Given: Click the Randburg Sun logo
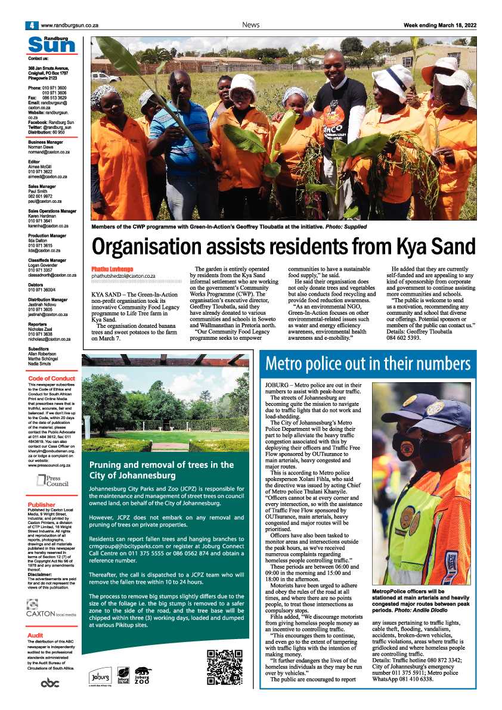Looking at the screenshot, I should tap(52, 45).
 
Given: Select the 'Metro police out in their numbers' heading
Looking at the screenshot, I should tap(368, 363).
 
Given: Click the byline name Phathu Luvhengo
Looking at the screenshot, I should tap(112, 269).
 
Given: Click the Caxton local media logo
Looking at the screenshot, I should tap(51, 609).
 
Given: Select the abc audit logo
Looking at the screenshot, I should tap(50, 683).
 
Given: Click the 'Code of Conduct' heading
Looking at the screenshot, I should tap(52, 379).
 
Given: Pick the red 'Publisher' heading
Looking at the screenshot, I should tap(41, 505).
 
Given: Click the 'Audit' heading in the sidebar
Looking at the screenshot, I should tap(35, 636).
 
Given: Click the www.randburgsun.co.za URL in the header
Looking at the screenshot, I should tap(69, 26).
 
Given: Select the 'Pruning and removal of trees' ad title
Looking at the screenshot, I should tap(161, 470).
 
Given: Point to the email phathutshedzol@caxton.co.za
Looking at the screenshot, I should tap(123, 277).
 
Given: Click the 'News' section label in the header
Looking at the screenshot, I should tap(250, 25).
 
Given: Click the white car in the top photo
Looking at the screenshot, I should tap(105, 76).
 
